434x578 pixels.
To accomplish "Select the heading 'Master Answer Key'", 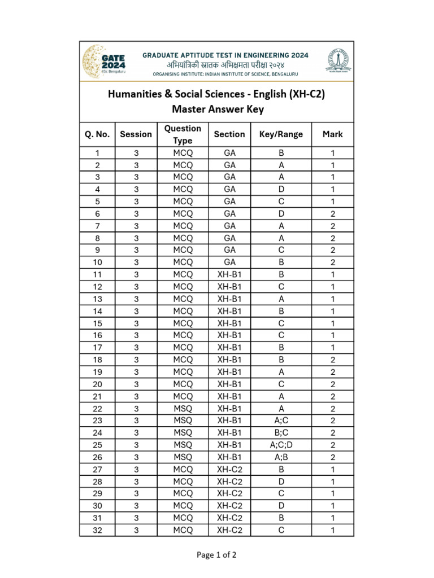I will coord(216,110).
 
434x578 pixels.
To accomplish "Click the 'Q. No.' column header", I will coord(97,134).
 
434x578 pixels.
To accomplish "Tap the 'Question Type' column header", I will coord(183,134).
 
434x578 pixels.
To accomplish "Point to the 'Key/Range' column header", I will coord(281,134).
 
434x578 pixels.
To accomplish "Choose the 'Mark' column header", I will coord(333,134).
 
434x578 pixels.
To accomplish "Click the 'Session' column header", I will coord(136,134).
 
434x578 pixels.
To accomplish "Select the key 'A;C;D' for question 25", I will coord(281,445).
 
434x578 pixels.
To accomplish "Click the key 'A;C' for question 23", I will coord(281,421).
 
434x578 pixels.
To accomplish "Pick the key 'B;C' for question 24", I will coord(281,433).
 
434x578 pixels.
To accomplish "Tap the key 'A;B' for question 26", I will coord(281,457).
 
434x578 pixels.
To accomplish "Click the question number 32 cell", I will coord(97,530).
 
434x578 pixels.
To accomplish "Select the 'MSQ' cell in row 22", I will coord(183,409).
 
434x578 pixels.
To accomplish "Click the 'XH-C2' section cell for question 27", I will coord(229,469).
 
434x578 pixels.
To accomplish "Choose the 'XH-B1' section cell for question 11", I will coord(229,275).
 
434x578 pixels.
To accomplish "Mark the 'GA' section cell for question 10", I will coord(229,262).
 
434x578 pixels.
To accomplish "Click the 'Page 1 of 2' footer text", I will coord(216,555).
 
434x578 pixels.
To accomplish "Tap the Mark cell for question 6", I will coord(333,214).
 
